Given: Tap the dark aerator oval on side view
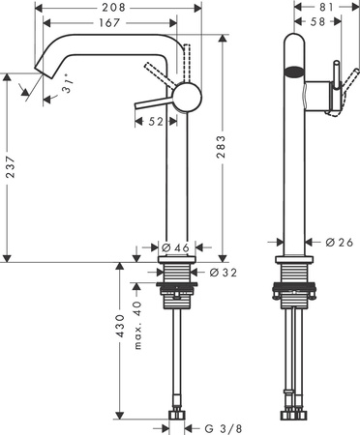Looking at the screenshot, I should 294,70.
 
